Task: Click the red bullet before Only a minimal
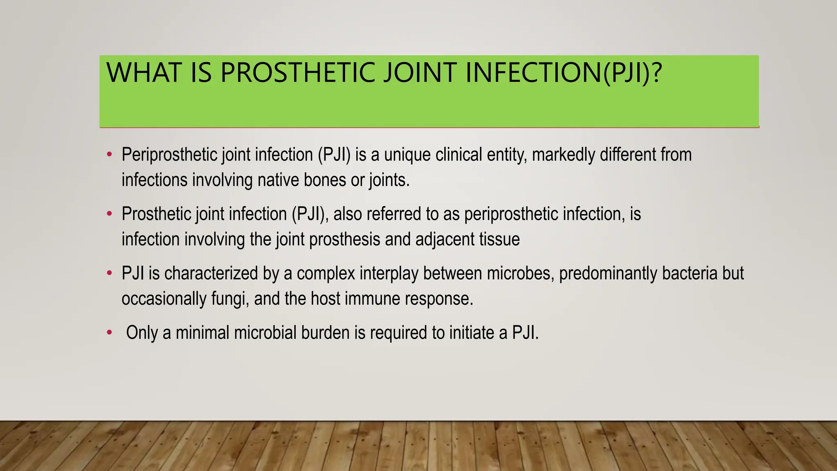coord(109,333)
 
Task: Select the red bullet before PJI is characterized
coord(109,273)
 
